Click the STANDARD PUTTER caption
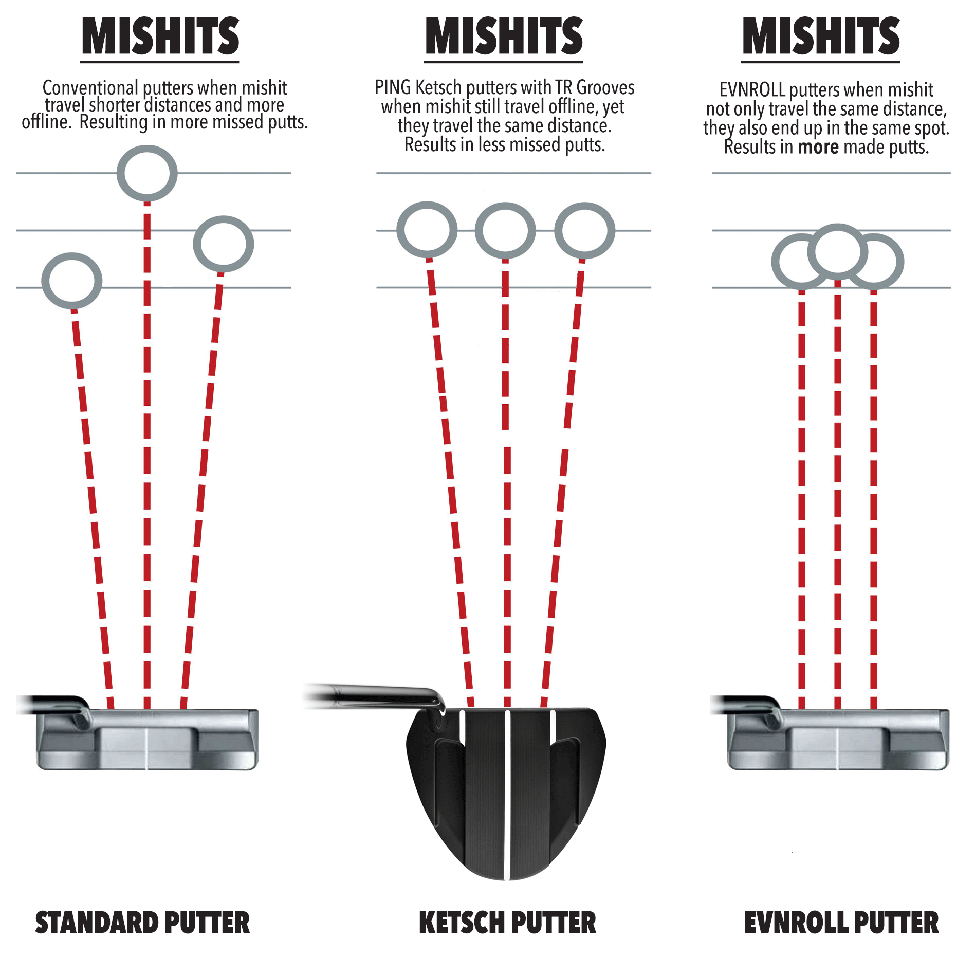142,923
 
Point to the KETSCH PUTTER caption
507,923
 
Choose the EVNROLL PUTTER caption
841,923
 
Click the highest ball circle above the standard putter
147,173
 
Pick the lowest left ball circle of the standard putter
72,281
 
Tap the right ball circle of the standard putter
223,244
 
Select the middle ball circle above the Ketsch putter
505,230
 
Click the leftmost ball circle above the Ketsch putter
427,229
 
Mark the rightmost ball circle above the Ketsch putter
584,230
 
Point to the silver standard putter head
147,740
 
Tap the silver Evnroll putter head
838,740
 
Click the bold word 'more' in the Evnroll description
818,148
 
